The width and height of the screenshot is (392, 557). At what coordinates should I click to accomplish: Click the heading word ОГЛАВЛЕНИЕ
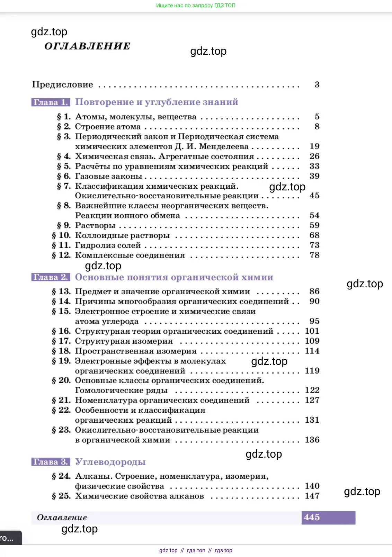point(87,46)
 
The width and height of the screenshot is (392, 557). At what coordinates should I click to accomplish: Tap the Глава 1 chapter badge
point(51,102)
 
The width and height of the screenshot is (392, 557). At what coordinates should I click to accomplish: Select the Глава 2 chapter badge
point(51,277)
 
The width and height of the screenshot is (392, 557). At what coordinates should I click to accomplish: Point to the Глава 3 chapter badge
point(51,462)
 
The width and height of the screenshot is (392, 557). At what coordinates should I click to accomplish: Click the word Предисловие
point(62,84)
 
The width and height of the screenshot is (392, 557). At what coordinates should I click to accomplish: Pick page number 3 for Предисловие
point(317,84)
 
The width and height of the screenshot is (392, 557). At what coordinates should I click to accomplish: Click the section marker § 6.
point(64,176)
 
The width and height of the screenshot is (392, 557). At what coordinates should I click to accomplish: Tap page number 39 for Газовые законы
point(314,176)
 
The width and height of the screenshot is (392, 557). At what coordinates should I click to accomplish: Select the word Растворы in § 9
point(95,225)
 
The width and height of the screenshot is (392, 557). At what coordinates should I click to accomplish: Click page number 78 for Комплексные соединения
point(314,255)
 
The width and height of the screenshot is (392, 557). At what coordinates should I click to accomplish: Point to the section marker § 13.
point(61,291)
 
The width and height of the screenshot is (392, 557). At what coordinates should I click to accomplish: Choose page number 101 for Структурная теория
point(312,331)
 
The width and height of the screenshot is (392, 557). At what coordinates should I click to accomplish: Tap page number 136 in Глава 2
point(312,440)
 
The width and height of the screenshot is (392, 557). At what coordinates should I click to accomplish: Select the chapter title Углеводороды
point(110,462)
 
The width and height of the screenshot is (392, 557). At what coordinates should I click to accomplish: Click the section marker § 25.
point(61,496)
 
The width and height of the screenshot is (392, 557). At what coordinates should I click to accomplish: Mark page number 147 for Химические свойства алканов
point(312,496)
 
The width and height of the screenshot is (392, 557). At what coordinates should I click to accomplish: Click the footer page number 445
point(312,518)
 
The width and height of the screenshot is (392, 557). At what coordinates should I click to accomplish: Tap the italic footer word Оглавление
point(62,518)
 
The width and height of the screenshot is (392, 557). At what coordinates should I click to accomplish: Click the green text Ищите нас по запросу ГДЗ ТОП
point(196,6)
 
